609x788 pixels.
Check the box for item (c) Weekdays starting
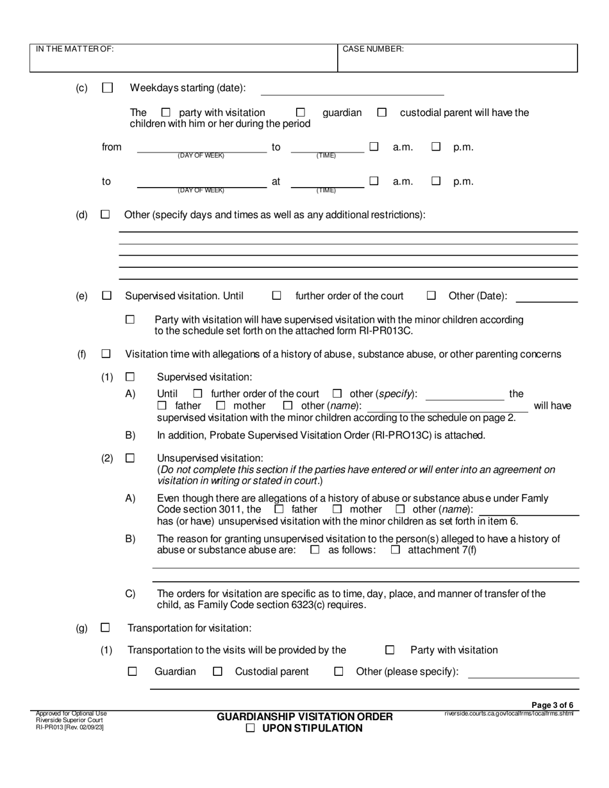[107, 88]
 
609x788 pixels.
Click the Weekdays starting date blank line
[352, 90]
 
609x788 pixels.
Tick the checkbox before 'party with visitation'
[166, 112]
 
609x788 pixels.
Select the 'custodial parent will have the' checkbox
[382, 112]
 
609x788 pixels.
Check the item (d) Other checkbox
[105, 215]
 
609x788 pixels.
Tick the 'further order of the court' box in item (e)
[277, 296]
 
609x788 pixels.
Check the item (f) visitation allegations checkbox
[106, 354]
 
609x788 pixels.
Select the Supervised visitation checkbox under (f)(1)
[130, 377]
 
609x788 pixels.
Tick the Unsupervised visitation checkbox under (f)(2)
[130, 458]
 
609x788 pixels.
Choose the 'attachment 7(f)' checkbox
[396, 550]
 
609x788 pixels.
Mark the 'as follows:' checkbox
[315, 550]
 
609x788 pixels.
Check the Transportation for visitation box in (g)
[106, 628]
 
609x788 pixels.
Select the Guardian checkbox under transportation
[133, 671]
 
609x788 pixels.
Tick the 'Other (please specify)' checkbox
[338, 671]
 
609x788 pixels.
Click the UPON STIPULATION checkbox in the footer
[251, 728]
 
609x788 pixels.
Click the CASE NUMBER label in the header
[373, 49]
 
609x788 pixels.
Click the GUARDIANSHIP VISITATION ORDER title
[304, 716]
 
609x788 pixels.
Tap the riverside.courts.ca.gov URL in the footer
[508, 713]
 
